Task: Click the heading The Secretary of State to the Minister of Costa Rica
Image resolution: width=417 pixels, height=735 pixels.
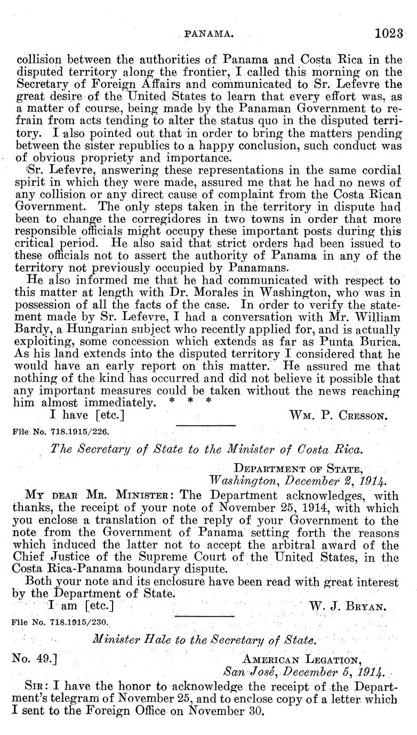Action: pos(207,449)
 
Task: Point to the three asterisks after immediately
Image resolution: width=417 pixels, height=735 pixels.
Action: pos(190,401)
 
